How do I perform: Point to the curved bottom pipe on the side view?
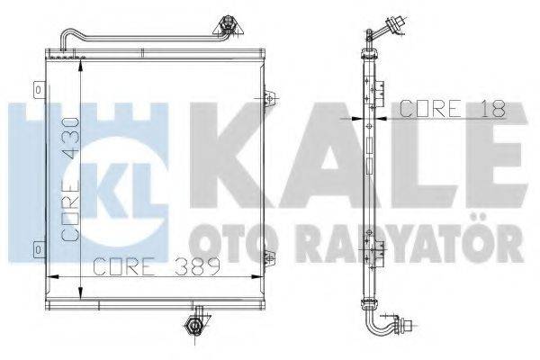378,320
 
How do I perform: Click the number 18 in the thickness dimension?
494,109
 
